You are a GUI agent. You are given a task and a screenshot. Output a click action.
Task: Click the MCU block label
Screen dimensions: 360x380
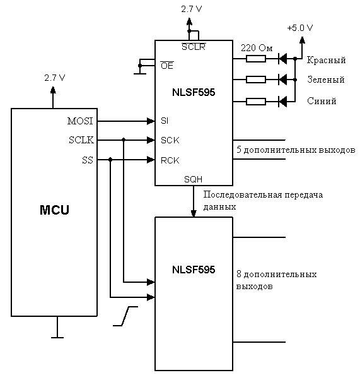[x=54, y=210]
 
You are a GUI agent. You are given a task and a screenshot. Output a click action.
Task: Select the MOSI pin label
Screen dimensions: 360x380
[x=80, y=121]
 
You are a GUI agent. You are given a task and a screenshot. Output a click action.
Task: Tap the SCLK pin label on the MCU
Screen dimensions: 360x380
[x=81, y=140]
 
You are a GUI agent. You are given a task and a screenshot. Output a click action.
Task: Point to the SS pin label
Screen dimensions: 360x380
[x=88, y=160]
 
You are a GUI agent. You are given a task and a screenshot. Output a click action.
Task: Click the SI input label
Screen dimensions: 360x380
[x=165, y=121]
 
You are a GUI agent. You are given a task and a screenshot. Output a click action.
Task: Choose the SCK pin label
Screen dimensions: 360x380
[x=170, y=140]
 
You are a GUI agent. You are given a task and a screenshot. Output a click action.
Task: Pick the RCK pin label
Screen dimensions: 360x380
[x=170, y=160]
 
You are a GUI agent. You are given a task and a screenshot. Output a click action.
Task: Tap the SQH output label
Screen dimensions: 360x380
[x=193, y=179]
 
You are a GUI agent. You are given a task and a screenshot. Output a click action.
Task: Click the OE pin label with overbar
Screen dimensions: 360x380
[x=167, y=65]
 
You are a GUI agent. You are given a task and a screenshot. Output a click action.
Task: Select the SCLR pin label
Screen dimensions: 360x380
[x=194, y=46]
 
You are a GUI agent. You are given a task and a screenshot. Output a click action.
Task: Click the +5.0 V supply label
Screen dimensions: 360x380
[x=300, y=28]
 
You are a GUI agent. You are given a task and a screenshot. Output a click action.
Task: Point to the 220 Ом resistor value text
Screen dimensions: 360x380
[x=257, y=48]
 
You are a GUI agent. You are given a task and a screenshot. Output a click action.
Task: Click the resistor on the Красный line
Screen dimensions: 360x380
[x=256, y=59]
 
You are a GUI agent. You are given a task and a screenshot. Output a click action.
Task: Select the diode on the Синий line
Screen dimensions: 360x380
[x=282, y=102]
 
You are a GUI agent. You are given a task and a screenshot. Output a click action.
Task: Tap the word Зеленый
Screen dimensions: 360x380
[x=326, y=80]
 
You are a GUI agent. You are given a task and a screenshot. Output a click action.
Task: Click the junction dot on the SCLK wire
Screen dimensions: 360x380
[x=124, y=140]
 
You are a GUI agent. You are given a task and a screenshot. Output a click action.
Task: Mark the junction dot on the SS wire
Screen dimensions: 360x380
[x=110, y=160]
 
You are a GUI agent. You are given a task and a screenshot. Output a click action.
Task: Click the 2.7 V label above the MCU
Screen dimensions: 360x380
[x=55, y=78]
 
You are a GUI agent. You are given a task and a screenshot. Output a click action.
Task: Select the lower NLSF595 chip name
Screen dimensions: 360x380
[x=194, y=270]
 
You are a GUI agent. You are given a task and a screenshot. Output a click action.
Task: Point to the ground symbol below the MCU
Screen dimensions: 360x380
[x=57, y=337]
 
